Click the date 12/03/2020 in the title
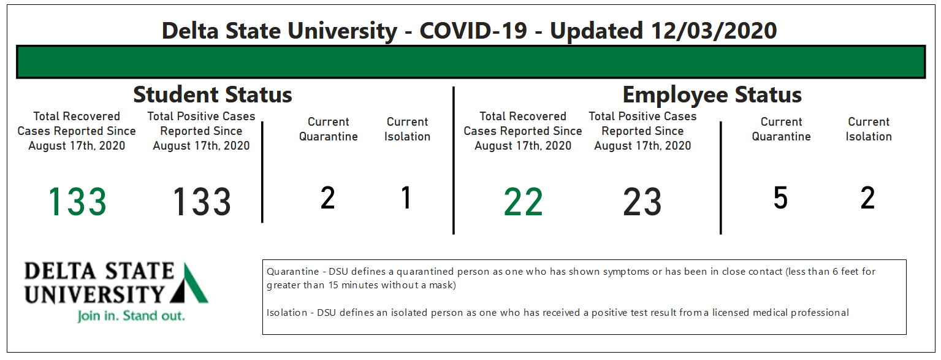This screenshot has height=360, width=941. (714, 31)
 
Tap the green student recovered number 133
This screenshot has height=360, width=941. (78, 202)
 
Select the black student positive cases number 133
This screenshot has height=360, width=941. (202, 202)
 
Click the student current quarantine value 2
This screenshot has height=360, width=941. (328, 197)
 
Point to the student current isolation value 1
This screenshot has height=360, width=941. (406, 197)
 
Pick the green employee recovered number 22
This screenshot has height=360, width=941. (523, 202)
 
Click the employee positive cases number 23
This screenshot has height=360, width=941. (642, 202)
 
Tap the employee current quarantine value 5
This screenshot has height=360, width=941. (780, 197)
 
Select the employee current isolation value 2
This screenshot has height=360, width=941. (868, 197)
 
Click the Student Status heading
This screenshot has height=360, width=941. (213, 94)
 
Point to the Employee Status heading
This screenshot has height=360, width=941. (712, 94)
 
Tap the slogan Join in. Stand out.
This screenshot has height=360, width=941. (131, 316)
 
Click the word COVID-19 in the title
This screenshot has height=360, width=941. (473, 31)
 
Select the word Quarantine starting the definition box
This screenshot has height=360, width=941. (293, 272)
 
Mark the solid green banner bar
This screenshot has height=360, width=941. (471, 62)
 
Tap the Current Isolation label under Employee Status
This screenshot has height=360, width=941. (869, 129)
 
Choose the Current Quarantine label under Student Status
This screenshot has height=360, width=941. (329, 129)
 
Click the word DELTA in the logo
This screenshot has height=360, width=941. (60, 271)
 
